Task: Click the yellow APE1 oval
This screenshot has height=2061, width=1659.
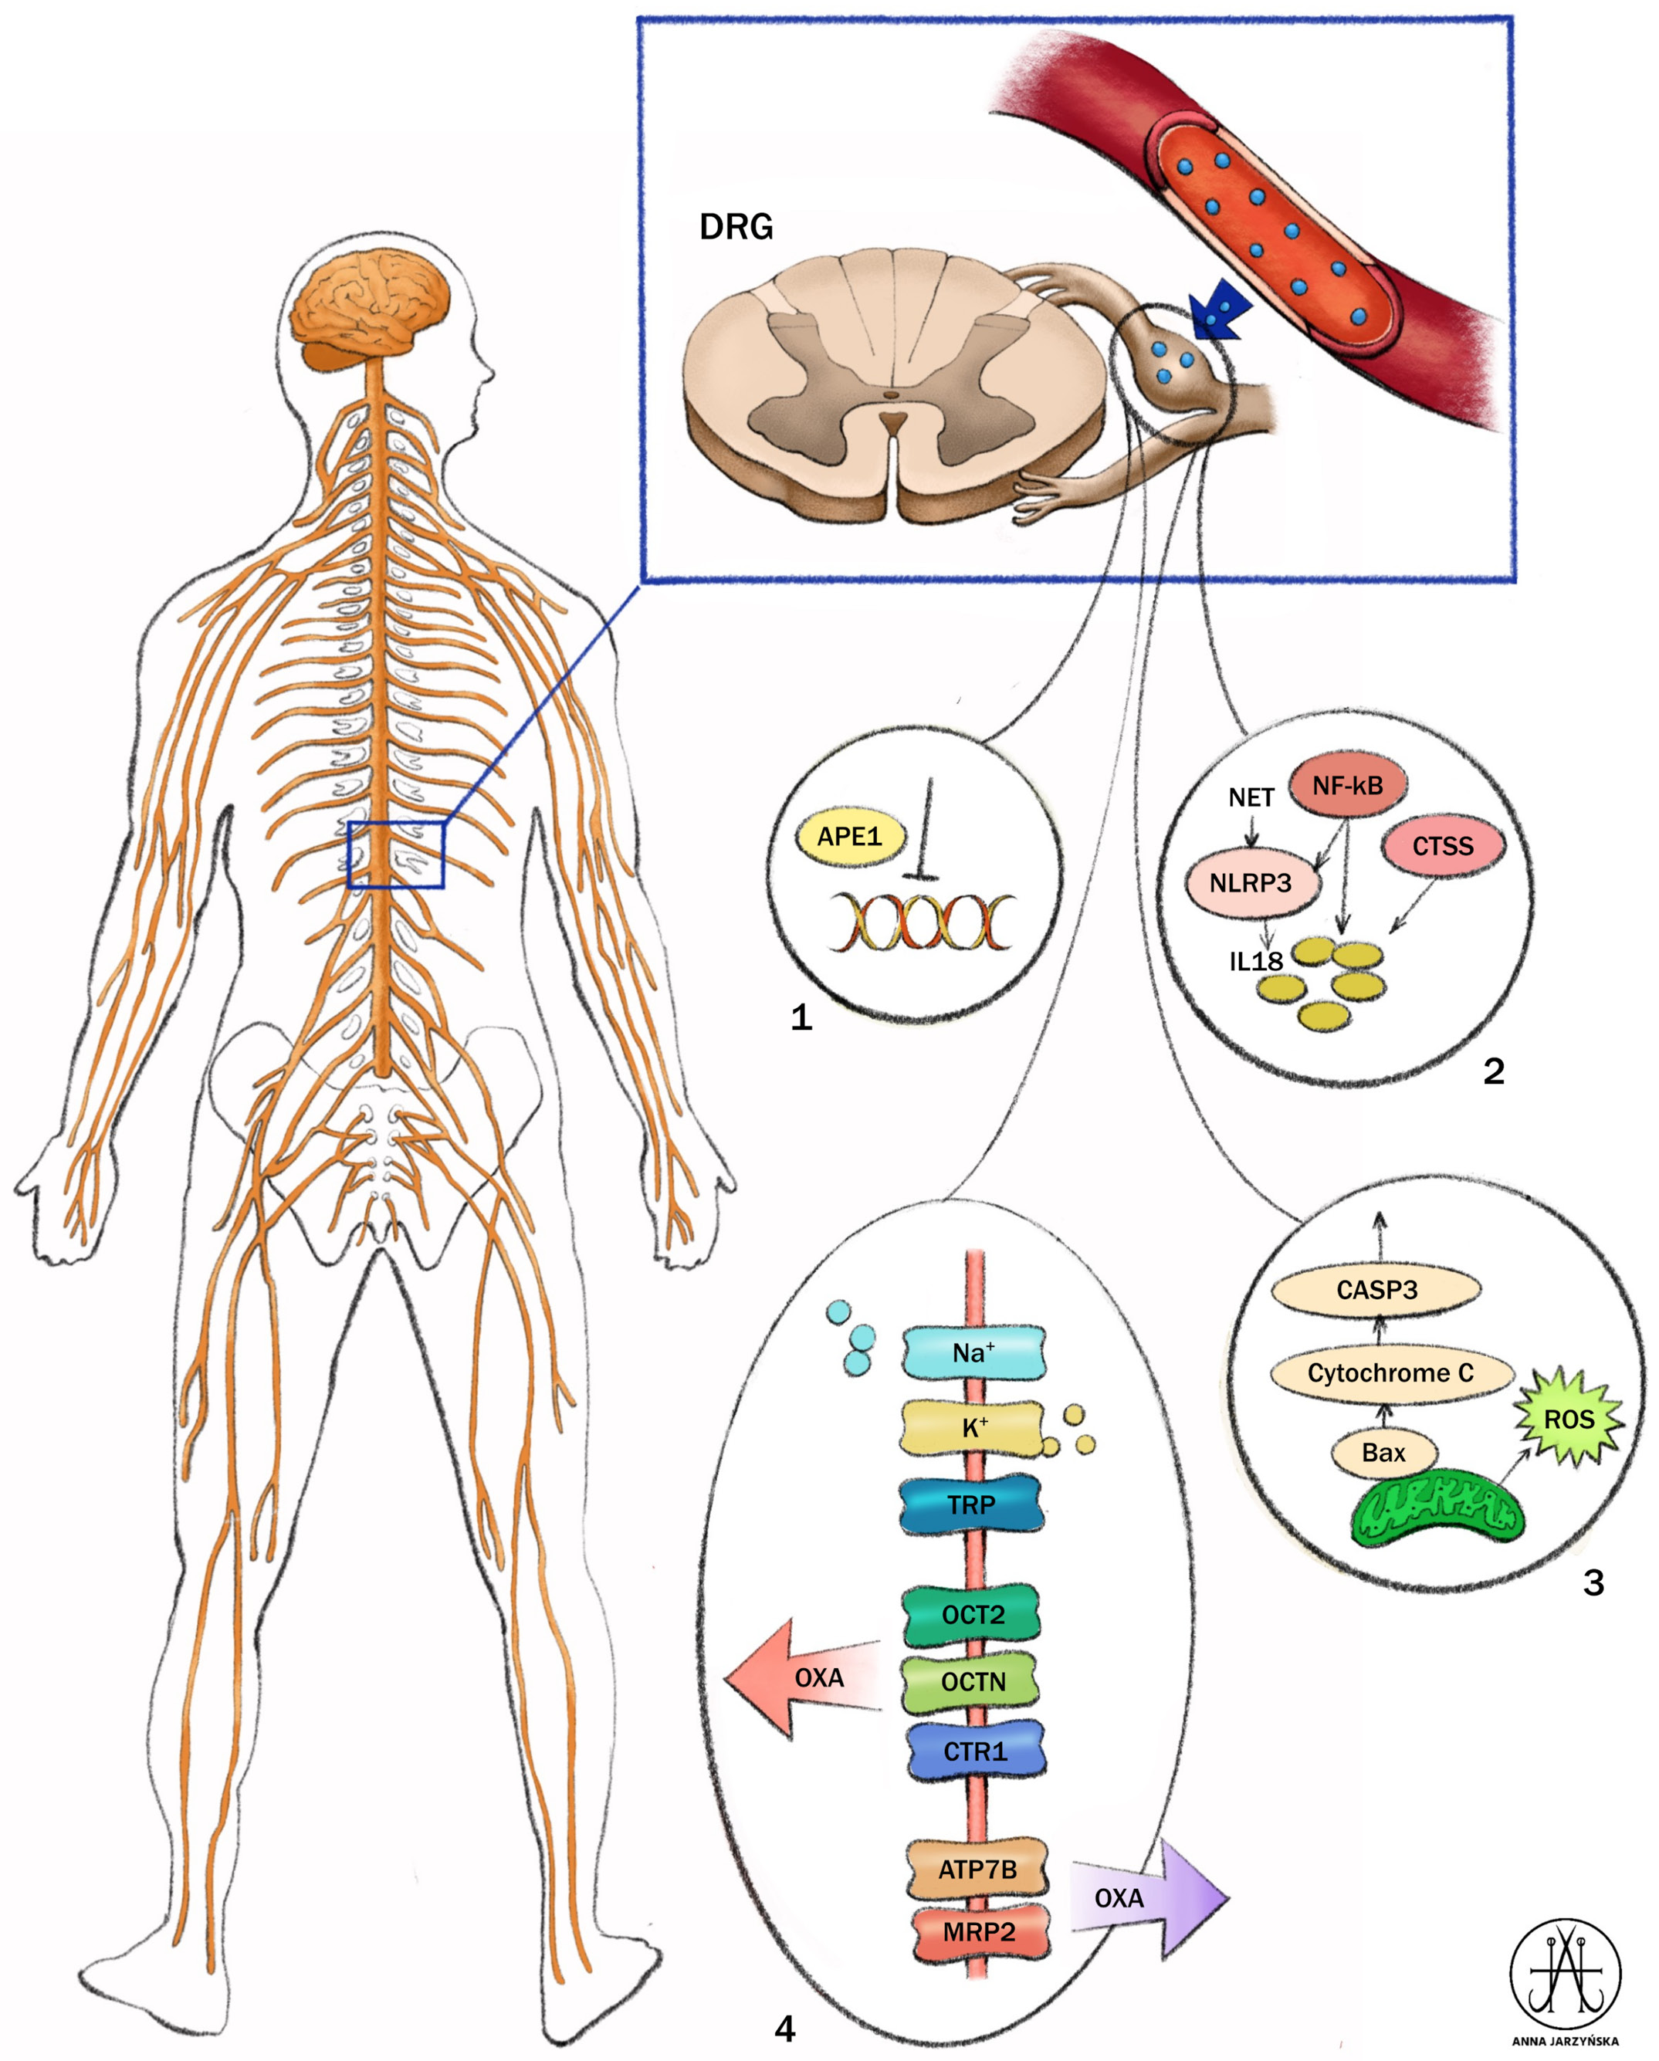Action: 849,838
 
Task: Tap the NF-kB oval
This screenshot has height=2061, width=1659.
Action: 1347,786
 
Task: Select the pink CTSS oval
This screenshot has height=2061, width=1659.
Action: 1442,846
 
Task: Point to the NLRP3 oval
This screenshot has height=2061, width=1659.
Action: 1251,883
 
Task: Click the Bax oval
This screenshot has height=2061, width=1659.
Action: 1383,1453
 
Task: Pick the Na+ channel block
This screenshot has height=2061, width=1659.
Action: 973,1352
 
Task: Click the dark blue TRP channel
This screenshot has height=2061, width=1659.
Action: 971,1504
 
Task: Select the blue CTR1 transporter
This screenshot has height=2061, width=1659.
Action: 974,1751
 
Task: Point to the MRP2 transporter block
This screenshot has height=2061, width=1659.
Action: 978,1932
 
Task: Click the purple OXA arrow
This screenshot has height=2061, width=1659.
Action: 1147,1897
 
